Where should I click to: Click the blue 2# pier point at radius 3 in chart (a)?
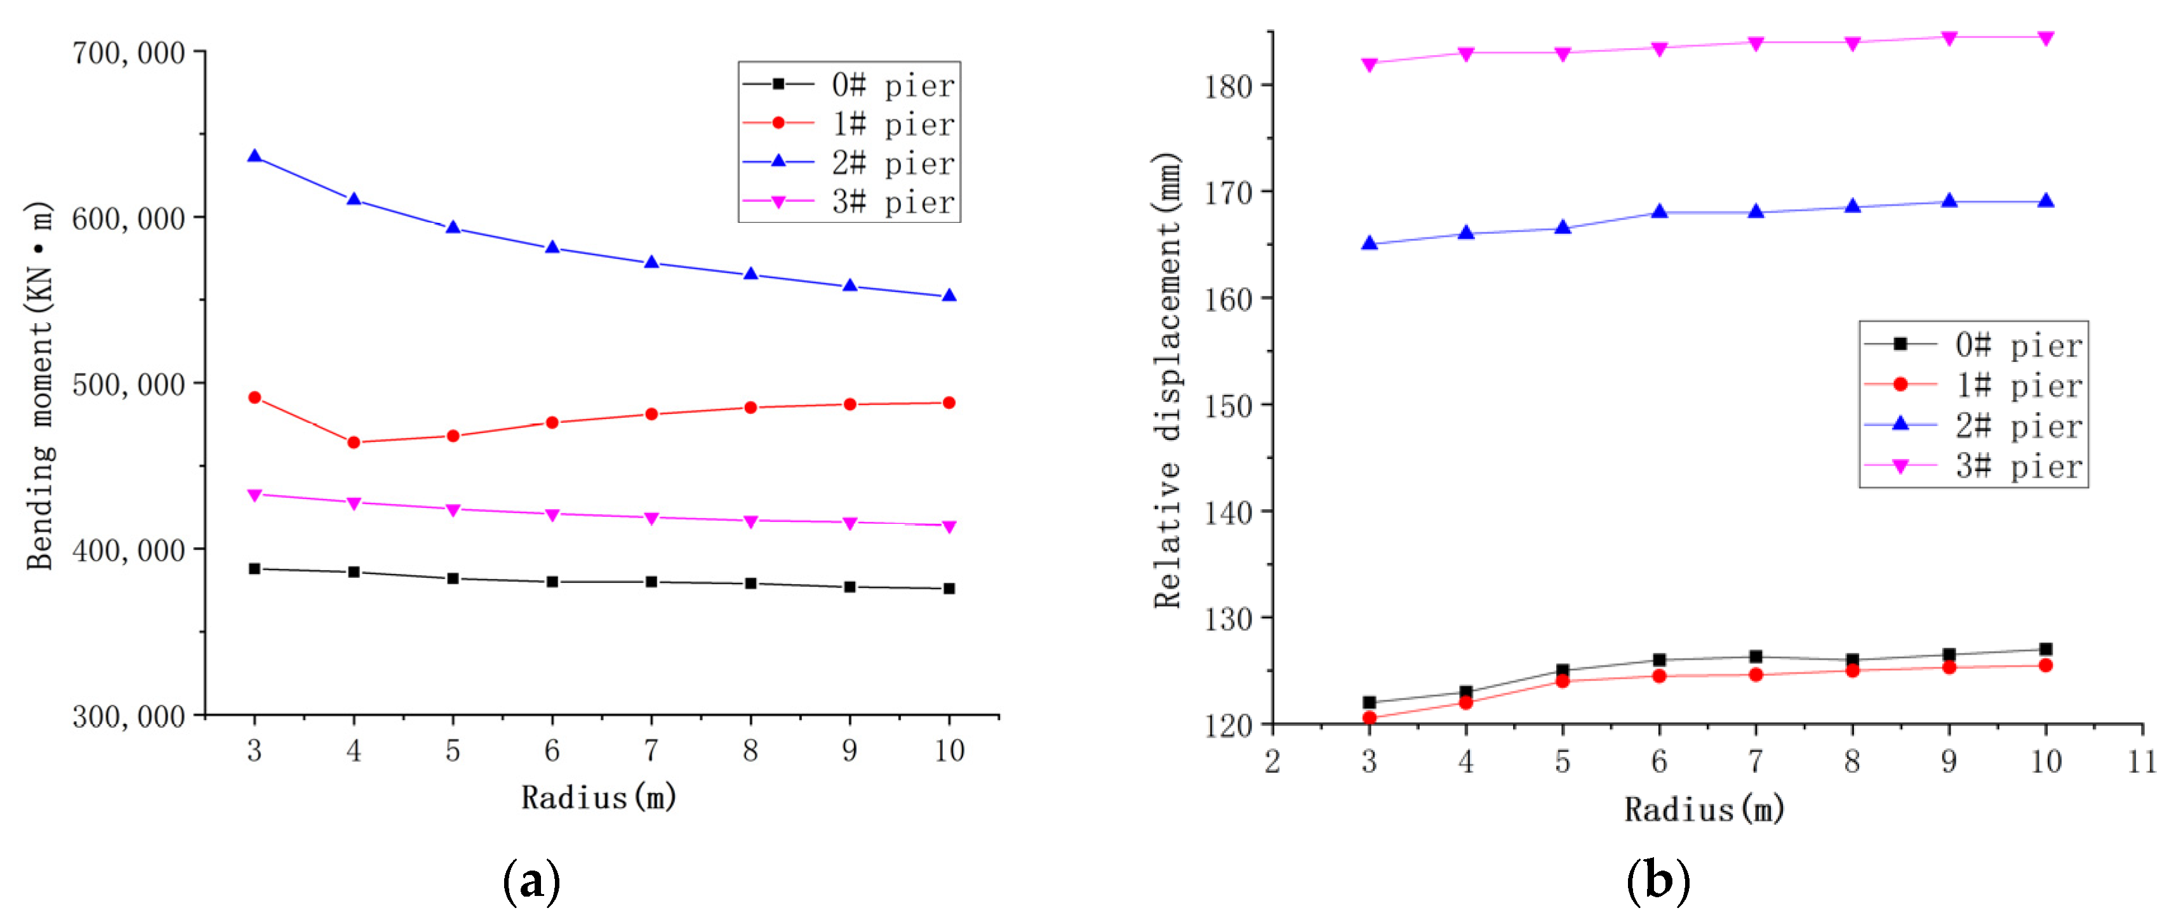[254, 157]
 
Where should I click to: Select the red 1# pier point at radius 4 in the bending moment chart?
[354, 442]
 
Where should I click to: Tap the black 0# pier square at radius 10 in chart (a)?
[949, 589]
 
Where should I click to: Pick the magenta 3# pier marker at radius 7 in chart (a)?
[651, 518]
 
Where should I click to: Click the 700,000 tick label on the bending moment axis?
[128, 53]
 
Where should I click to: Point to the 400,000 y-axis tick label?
[128, 551]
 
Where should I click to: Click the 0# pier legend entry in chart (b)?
[1973, 345]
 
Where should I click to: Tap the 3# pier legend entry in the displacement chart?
[1973, 467]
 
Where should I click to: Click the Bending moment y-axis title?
[40, 385]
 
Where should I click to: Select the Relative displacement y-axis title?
[1168, 380]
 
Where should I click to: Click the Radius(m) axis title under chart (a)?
[599, 797]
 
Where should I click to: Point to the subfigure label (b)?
[1657, 881]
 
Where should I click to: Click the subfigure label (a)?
[531, 881]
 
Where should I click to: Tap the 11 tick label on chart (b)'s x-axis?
[2142, 761]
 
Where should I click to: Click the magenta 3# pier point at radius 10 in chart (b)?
[2046, 37]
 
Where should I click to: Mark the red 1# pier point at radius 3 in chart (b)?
[1369, 718]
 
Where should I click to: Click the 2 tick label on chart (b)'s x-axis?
[1272, 761]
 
